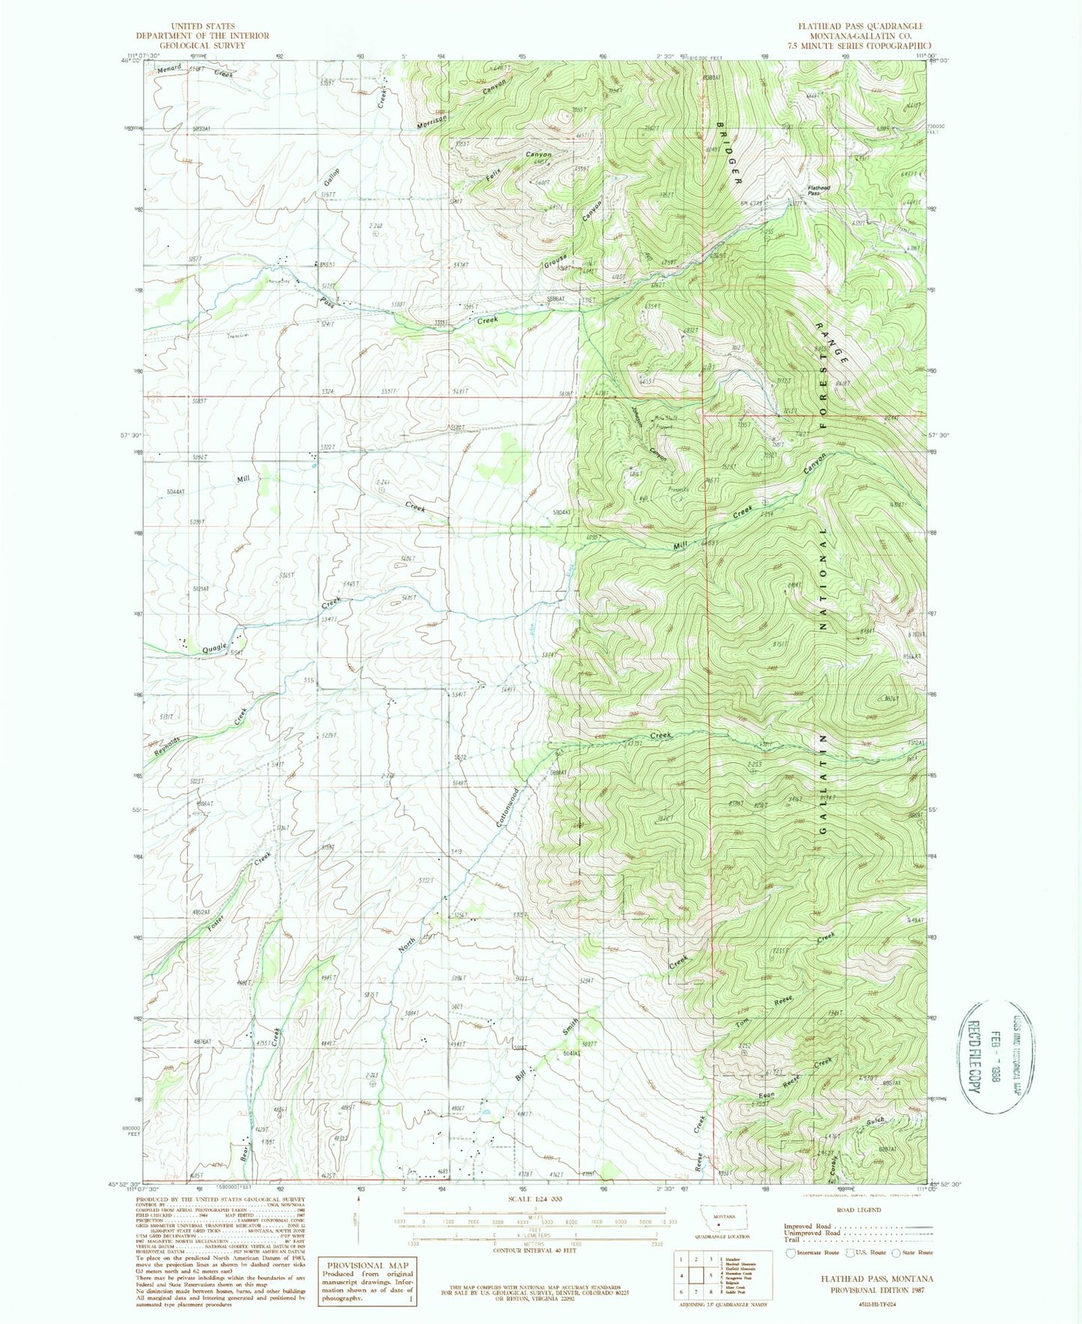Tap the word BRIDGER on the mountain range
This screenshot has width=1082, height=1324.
pos(727,153)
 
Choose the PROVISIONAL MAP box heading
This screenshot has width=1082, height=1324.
pos(367,1265)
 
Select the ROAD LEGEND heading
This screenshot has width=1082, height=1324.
pos(852,1209)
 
